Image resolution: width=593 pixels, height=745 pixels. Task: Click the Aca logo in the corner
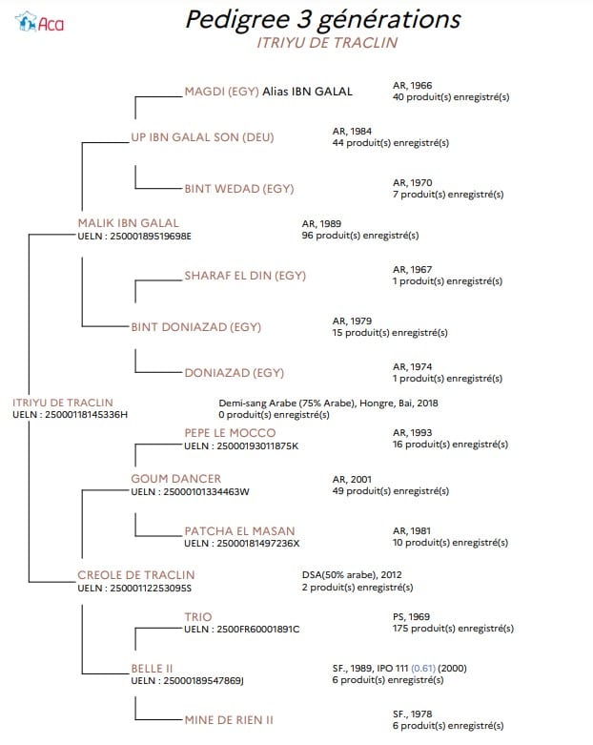pos(39,22)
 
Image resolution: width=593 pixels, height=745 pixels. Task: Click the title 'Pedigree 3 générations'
pos(323,19)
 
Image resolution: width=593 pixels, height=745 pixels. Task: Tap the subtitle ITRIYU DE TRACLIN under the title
pos(327,43)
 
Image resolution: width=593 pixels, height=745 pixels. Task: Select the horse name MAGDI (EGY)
pos(222,92)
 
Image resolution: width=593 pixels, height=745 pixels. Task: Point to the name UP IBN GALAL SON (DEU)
pos(203,137)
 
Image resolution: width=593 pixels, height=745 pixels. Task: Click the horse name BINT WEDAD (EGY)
pos(239,189)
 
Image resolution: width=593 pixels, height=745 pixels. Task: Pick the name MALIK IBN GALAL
pos(128,223)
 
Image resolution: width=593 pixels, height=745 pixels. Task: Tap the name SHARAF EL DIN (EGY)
pos(245,276)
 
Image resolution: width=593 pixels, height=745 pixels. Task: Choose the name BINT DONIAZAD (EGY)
pos(196,327)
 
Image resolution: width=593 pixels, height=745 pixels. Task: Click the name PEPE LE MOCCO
pos(230,433)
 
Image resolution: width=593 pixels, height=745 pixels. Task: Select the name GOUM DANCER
pos(176,479)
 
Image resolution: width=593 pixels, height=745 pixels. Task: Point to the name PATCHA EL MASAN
pos(239,530)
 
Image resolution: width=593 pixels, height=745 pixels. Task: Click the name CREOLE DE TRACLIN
pos(136,575)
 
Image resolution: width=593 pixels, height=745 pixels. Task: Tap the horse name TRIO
pos(198,617)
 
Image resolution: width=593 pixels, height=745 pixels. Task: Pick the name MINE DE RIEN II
pos(229,720)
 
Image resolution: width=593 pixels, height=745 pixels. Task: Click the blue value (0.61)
pos(423,669)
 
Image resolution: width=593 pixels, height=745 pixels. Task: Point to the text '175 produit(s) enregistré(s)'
pos(453,629)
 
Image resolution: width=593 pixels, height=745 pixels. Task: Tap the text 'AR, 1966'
pos(412,86)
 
